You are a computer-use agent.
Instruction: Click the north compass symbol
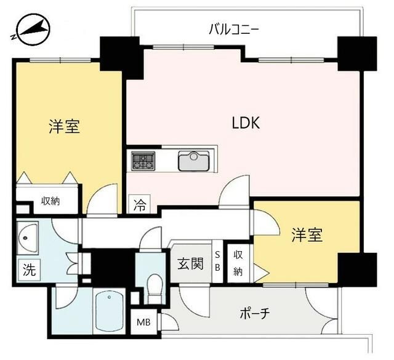pos(31,30)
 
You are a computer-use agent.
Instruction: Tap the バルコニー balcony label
pos(234,29)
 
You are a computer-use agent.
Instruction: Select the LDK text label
pos(246,123)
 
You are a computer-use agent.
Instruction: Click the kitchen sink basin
pos(193,161)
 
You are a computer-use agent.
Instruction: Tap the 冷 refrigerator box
pos(140,204)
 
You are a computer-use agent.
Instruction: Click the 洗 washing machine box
pos(30,270)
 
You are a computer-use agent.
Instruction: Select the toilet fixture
pos(154,288)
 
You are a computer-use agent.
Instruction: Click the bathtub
pos(109,311)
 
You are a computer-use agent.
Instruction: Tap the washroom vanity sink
pos(28,238)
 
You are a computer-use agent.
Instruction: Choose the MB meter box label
pos(143,322)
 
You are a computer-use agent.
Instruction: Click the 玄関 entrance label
pos(190,264)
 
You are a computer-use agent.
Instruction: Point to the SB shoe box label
pos(217,262)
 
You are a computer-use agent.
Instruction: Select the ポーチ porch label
pos(255,313)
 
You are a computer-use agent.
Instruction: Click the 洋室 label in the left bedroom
pos(64,127)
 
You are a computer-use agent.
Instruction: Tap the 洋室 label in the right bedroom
pos(307,235)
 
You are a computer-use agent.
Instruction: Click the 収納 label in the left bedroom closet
pos(50,201)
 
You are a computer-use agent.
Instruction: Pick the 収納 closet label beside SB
pos(238,263)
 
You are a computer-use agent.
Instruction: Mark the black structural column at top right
pos(357,54)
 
